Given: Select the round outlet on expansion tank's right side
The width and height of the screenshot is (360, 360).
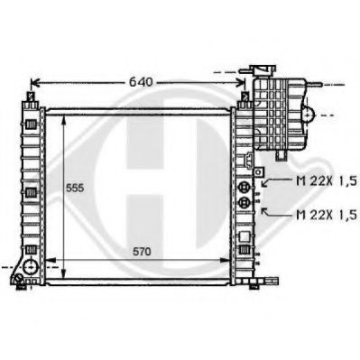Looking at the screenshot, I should [309, 115].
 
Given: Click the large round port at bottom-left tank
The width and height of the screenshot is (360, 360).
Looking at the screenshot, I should [31, 268].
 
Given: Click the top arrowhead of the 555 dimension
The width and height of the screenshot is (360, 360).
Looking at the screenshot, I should [62, 118].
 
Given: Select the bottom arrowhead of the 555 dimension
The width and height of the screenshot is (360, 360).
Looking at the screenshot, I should [62, 258].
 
